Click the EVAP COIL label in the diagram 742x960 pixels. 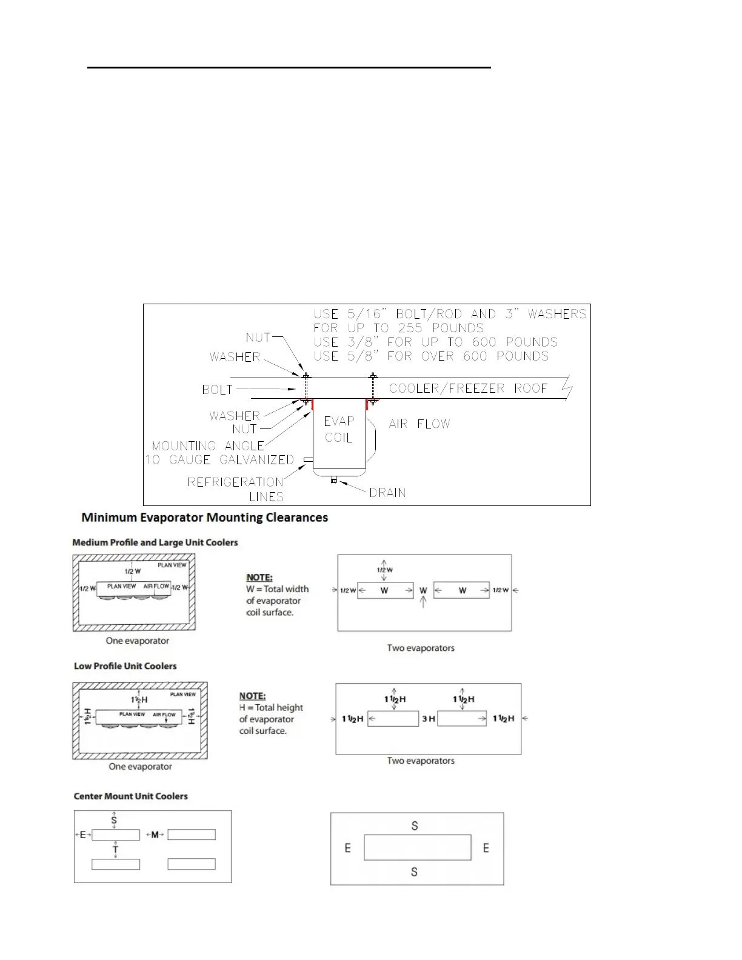(x=338, y=429)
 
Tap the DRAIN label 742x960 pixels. (x=387, y=493)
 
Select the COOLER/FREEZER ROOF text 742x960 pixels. (x=468, y=388)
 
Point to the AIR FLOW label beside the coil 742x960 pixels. (x=419, y=424)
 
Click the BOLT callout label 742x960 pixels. (x=217, y=390)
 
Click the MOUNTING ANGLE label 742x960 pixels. (x=207, y=446)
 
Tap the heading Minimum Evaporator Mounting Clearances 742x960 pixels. (x=205, y=518)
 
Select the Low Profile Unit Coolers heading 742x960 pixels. (x=125, y=666)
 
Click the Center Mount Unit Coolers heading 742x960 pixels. (x=130, y=796)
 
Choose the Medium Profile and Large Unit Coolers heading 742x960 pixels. (x=155, y=542)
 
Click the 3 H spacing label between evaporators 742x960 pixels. (x=428, y=719)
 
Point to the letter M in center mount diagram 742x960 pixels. (x=155, y=835)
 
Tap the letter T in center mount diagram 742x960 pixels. (x=115, y=850)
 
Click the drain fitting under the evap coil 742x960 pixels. (x=333, y=481)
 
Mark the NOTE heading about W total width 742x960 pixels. (x=259, y=578)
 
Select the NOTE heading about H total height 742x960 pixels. (x=252, y=696)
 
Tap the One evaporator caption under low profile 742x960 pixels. (x=140, y=767)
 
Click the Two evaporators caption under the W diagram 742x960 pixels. (x=421, y=648)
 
